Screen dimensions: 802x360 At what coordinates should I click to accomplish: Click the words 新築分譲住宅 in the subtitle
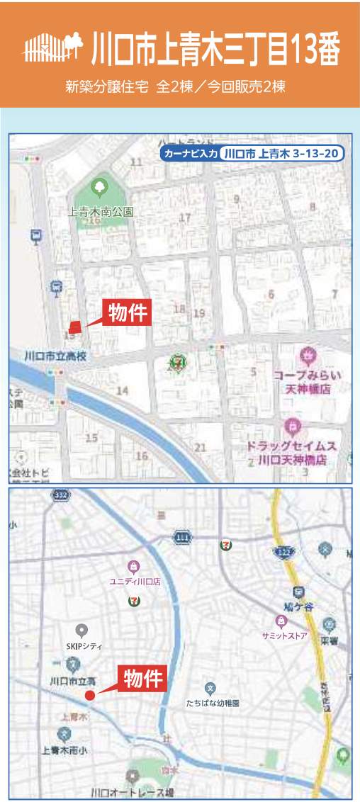(x=107, y=87)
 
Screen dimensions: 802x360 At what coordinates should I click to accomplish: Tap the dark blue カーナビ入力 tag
(x=190, y=153)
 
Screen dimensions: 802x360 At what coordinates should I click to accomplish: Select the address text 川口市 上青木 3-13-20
(x=281, y=153)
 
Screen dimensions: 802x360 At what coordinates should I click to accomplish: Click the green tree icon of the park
(x=99, y=188)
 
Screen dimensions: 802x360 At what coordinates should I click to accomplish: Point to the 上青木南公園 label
(x=101, y=211)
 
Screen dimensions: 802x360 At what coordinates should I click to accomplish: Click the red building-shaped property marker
(x=76, y=326)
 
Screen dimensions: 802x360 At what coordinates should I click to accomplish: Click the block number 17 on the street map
(x=186, y=218)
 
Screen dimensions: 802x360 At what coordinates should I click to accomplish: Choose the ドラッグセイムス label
(x=291, y=446)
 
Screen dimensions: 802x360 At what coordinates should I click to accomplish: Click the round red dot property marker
(x=90, y=695)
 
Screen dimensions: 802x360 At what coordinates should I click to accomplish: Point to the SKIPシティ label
(x=81, y=645)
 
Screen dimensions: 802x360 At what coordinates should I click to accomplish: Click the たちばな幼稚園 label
(x=213, y=704)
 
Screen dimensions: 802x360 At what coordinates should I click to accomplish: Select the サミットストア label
(x=284, y=635)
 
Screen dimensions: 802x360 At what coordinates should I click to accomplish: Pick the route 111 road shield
(x=182, y=539)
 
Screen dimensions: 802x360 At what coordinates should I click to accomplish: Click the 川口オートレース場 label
(x=132, y=792)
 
